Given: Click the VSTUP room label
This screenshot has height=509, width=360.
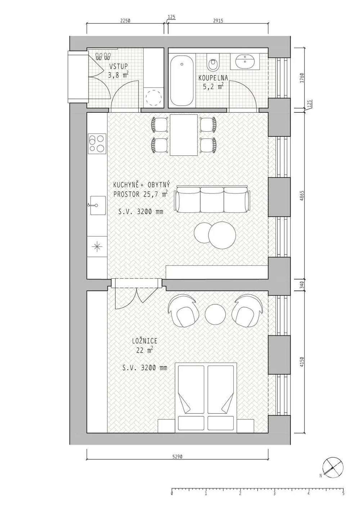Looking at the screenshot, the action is pyautogui.click(x=118, y=66).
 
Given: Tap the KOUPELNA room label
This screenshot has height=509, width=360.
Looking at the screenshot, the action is pyautogui.click(x=213, y=78).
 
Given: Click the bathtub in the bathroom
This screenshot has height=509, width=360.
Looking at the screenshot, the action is pyautogui.click(x=182, y=81).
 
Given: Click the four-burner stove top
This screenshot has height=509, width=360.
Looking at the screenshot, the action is pyautogui.click(x=97, y=143).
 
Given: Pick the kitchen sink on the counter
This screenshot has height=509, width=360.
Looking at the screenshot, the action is pyautogui.click(x=98, y=206).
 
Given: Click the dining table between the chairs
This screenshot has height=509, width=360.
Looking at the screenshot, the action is pyautogui.click(x=184, y=135).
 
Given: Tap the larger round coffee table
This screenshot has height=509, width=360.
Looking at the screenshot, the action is pyautogui.click(x=222, y=235).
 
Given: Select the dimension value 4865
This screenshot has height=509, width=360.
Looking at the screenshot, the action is pyautogui.click(x=302, y=195).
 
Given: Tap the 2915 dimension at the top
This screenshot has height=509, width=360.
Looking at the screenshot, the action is pyautogui.click(x=218, y=21).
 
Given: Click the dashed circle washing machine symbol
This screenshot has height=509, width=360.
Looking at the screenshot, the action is pyautogui.click(x=154, y=98).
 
